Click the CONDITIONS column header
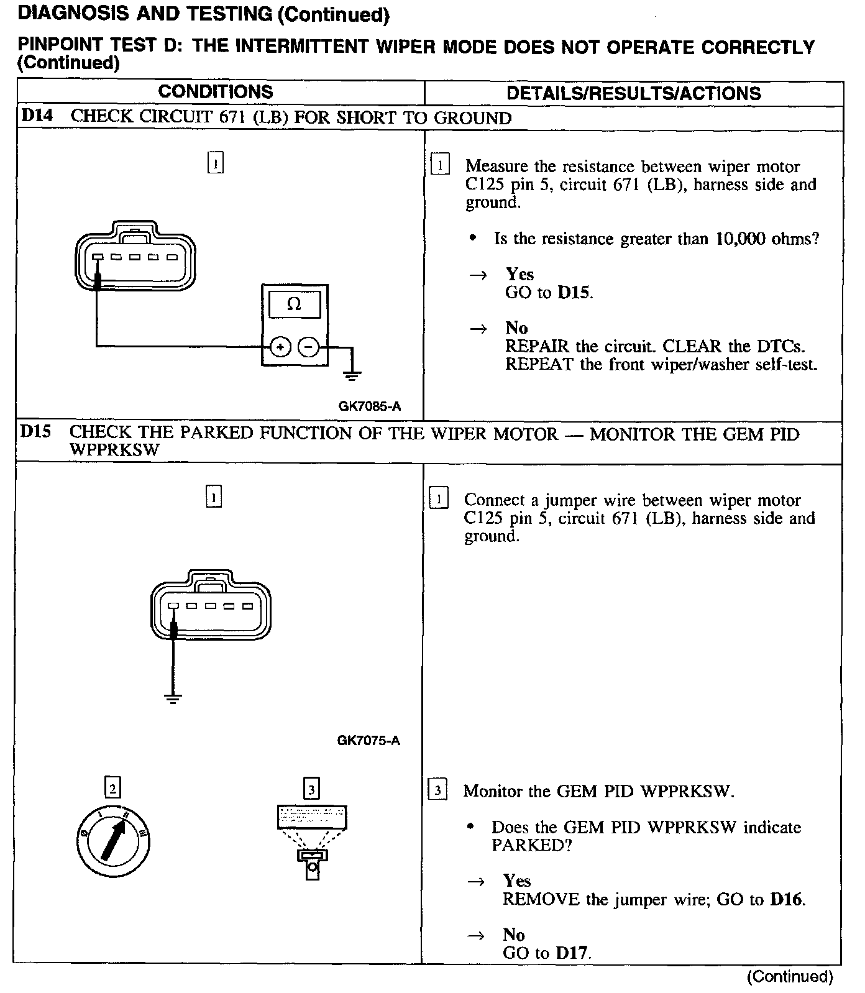pos(215,92)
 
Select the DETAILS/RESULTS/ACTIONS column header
pos(633,93)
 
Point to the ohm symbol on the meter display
pos(295,304)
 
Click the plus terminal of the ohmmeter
pos(280,347)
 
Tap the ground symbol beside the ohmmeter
pos(352,374)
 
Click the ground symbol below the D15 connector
pos(173,698)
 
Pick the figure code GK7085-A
pos(369,406)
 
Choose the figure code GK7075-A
pos(368,740)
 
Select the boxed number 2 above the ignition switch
pos(112,788)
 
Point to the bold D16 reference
pos(786,899)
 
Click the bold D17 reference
pos(572,953)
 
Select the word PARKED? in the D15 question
pos(531,845)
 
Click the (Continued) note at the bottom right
pos(789,977)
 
